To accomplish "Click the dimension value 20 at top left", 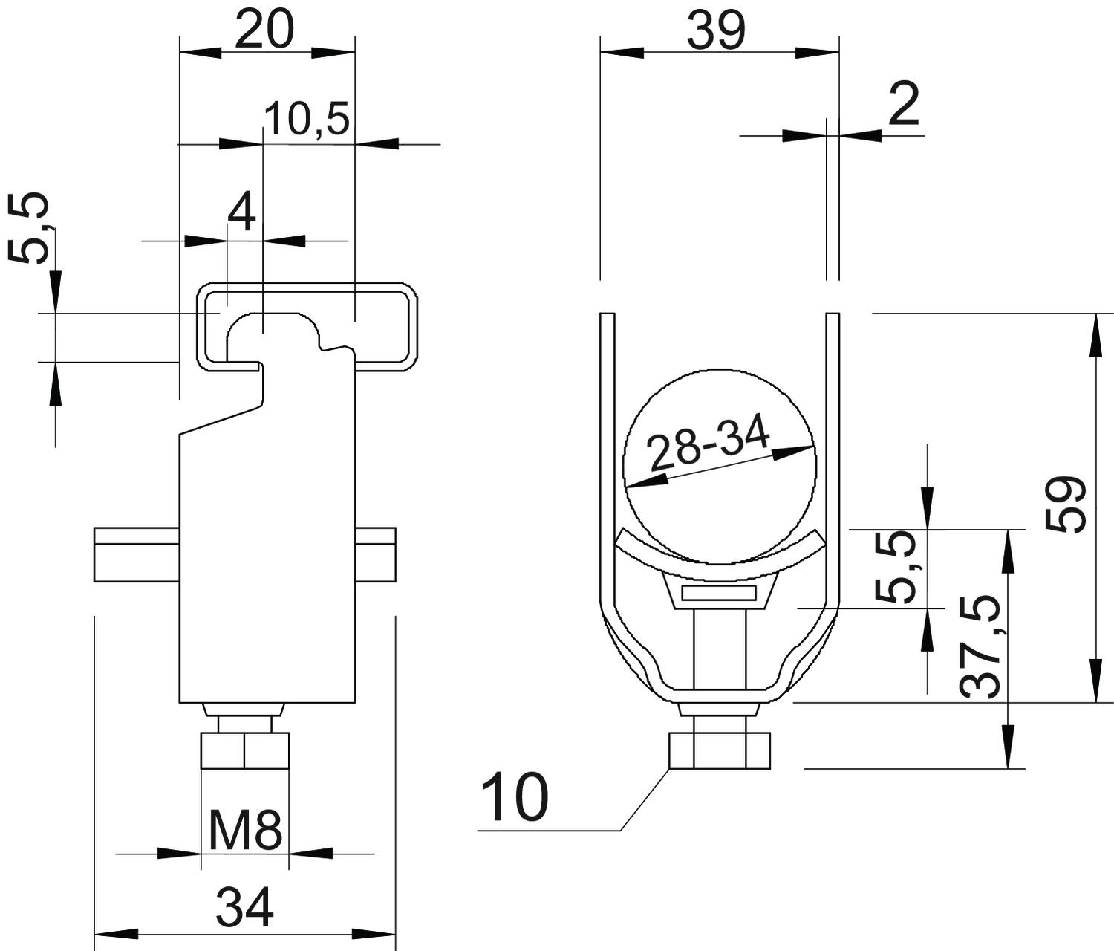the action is (264, 30).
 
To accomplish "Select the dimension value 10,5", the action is (307, 118).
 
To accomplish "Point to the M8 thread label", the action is (245, 831).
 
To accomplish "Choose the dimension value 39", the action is (716, 30).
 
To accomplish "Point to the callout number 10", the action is (514, 796).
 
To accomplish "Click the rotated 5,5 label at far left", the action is (29, 227).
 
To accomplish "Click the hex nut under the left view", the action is (244, 750).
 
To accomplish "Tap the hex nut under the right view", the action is (720, 750).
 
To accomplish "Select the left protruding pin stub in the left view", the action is (137, 554).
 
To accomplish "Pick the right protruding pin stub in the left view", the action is (376, 554).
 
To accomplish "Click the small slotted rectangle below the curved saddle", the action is (720, 594).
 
